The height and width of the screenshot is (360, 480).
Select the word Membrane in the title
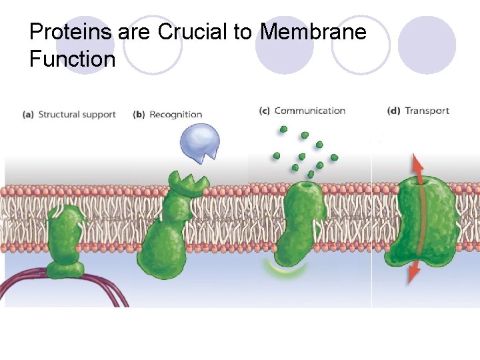click(313, 31)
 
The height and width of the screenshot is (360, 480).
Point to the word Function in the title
click(72, 59)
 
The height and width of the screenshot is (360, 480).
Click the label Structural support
click(77, 115)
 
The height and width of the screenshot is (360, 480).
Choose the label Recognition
click(176, 115)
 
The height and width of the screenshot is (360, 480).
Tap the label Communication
click(310, 111)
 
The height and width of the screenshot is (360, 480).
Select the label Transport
click(427, 111)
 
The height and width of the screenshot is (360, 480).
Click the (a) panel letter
click(28, 115)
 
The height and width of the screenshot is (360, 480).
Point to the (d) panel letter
click(393, 111)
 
